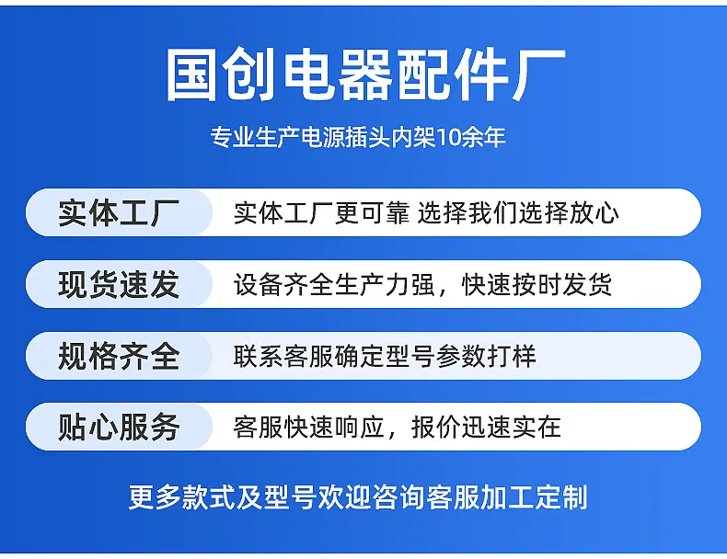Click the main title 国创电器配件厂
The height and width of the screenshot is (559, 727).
coord(365,75)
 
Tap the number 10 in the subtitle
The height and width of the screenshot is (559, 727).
coord(448,137)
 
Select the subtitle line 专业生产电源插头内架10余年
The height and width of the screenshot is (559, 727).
coord(358,137)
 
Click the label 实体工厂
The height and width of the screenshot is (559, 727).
coord(119,212)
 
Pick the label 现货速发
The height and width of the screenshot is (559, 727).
coord(119,284)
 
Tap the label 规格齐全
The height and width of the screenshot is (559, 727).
coord(119,356)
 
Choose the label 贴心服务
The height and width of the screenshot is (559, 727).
coord(119,427)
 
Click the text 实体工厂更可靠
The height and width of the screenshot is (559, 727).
coord(322,213)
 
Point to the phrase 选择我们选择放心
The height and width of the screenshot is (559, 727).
coord(518,213)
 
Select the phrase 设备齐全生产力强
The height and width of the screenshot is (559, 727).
coord(334,284)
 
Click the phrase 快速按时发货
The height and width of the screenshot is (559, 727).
coord(537,284)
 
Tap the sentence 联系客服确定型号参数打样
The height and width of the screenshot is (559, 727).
coord(385,356)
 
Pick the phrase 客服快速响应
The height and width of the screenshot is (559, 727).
coord(309,427)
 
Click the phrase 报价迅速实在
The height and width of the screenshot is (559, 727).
coord(487,427)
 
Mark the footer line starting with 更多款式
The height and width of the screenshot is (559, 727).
coord(358,497)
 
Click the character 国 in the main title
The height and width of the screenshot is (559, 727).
coord(191,75)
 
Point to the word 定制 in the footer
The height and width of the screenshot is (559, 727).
coord(561,497)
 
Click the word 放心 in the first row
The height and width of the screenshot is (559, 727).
coord(594,213)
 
